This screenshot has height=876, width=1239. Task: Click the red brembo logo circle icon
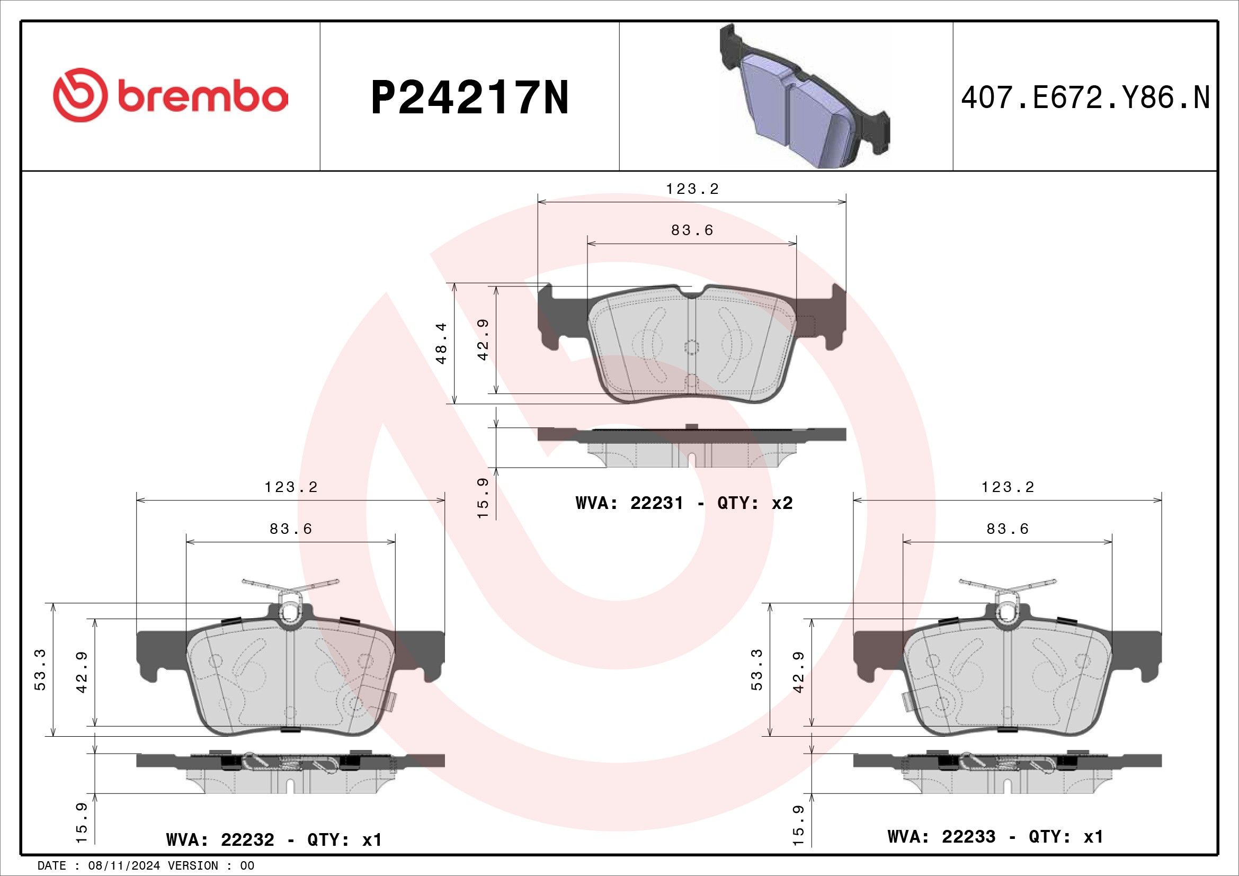[x=77, y=95]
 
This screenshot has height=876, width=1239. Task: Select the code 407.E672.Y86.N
[x=1085, y=99]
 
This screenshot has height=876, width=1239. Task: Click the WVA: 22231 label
[x=629, y=503]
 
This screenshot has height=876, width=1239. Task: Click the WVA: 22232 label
[x=220, y=840]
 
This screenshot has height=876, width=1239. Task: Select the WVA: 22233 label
[x=941, y=837]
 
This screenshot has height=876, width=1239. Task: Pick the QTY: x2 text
[x=754, y=503]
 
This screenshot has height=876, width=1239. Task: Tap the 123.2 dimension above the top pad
[x=692, y=189]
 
